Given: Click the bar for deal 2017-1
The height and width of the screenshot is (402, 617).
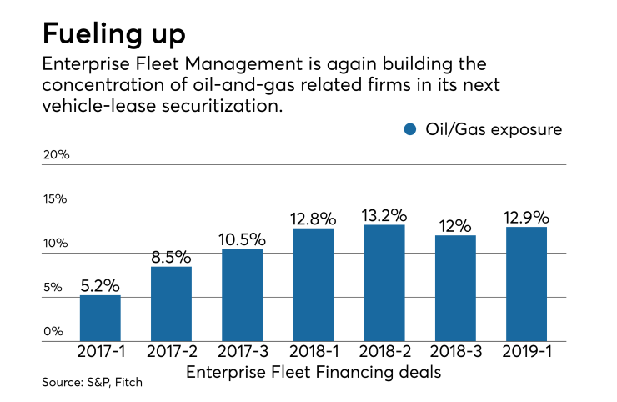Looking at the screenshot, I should point(100,318).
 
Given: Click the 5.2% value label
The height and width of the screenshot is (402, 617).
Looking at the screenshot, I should point(100,285).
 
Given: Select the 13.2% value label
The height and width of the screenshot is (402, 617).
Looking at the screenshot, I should point(384,215).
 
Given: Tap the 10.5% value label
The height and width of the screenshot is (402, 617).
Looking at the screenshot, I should point(242,239).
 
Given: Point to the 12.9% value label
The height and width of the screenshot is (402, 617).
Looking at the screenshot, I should point(526,218).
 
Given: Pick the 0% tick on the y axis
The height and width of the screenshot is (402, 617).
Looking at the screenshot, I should point(53,331).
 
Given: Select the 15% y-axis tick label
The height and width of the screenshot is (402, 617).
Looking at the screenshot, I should point(56,199).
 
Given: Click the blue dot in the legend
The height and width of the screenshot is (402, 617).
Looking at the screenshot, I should point(409,130).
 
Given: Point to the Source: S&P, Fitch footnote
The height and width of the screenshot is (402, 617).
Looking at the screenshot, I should point(83,382).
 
